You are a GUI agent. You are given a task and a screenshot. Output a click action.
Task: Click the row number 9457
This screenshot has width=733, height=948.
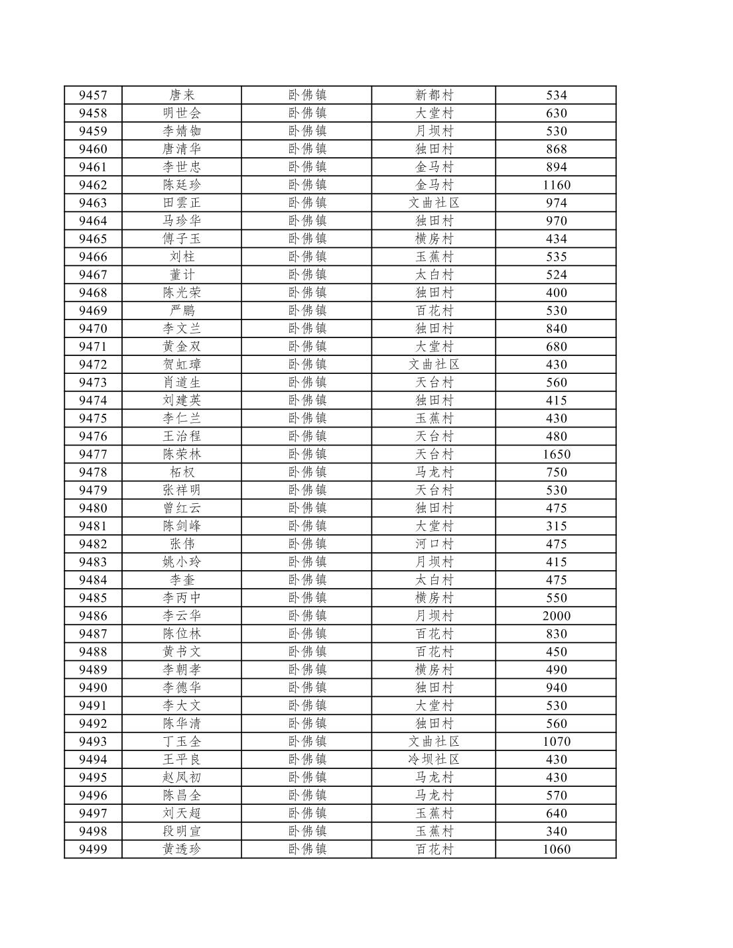[x=93, y=95]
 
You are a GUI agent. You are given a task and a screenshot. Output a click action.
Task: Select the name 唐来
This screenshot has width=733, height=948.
[x=182, y=95]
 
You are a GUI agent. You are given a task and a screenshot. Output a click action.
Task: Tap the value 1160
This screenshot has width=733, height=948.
[x=556, y=185]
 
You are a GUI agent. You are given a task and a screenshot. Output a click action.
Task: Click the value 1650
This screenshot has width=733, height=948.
[x=556, y=454]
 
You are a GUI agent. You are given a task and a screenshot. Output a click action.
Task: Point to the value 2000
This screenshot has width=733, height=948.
[x=556, y=616]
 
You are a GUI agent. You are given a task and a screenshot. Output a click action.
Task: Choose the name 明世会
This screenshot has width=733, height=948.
[x=182, y=113]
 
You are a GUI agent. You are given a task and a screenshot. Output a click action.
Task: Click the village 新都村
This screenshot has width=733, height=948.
[x=434, y=95]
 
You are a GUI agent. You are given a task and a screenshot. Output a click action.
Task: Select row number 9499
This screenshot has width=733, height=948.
[x=93, y=849]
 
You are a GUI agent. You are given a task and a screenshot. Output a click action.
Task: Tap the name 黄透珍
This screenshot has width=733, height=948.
[x=182, y=849]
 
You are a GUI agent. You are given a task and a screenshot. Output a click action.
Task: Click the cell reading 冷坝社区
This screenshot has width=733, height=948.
[x=434, y=760]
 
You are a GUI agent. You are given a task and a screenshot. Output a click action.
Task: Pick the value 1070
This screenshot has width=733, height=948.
[x=556, y=742]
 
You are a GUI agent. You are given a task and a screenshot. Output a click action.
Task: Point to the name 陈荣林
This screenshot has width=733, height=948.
[x=182, y=454]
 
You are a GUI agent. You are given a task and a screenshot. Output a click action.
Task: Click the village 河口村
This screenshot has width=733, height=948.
[x=434, y=544]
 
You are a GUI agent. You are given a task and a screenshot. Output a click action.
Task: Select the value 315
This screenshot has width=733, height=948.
[x=556, y=526]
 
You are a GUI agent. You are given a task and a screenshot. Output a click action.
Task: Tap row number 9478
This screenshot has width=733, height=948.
[x=93, y=472]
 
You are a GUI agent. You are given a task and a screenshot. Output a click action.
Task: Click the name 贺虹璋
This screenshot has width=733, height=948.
[x=182, y=365]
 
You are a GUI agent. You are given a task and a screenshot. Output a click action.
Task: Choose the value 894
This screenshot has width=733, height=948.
[x=556, y=167]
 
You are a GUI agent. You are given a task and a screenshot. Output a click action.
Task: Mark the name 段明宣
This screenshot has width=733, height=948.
[x=182, y=831]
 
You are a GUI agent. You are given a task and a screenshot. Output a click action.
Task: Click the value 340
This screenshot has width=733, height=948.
[x=556, y=831]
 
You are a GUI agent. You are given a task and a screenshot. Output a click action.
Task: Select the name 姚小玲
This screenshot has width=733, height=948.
[x=182, y=562]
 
